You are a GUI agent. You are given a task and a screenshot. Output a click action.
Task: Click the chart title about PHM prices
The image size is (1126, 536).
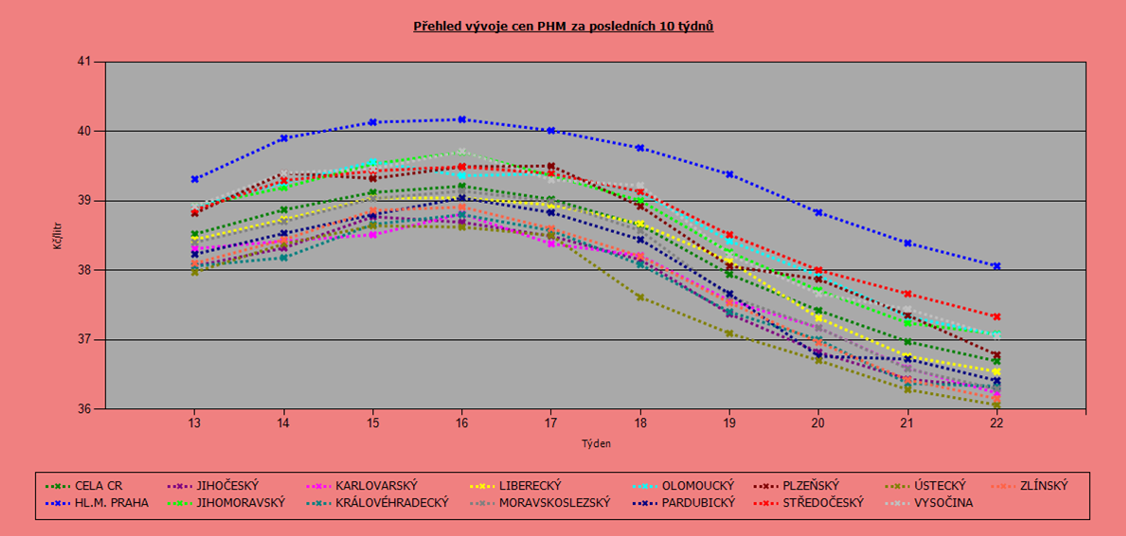coord(563,26)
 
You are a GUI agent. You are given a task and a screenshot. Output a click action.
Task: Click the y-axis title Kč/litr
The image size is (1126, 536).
coord(58,236)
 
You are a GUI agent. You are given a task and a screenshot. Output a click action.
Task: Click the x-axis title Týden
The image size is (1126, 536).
coord(596,444)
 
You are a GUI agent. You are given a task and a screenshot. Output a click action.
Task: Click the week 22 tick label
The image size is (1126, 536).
coord(997,423)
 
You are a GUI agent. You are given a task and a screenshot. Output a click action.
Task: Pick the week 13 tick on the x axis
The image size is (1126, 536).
coord(195,423)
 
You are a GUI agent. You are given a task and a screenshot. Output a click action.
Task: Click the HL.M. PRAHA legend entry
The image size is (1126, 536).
coord(97,503)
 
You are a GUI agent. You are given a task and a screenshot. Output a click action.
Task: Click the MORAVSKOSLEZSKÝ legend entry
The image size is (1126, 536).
coord(540,503)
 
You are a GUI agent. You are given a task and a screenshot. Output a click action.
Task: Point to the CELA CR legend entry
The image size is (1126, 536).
coord(84,486)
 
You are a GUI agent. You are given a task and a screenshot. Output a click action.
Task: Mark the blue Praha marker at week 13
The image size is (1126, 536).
coord(195,179)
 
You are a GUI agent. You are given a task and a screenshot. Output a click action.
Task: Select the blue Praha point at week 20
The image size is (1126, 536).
coord(818,212)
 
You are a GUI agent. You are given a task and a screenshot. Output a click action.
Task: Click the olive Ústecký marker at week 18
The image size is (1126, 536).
coord(640,297)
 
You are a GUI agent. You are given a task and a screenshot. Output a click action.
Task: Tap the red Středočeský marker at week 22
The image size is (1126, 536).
coord(997,317)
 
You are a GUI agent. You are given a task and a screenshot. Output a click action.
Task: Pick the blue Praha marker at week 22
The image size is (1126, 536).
coord(997,266)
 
